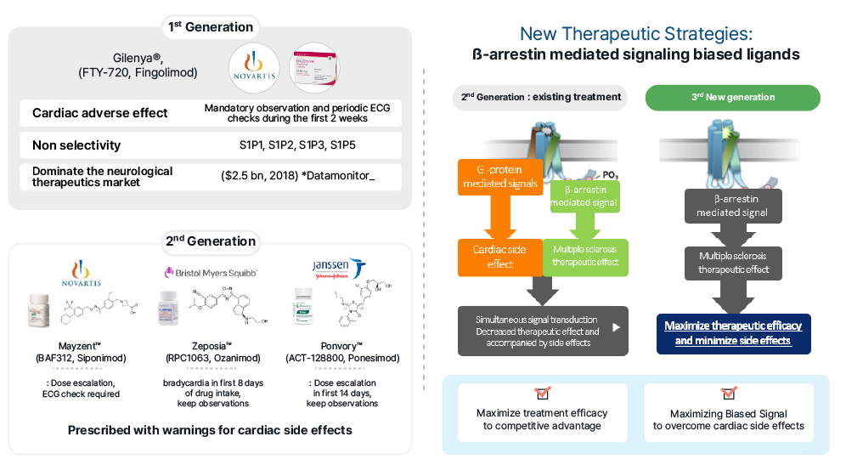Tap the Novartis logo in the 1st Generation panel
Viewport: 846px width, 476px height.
coord(254,71)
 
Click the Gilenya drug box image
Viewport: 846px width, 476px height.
coord(316,70)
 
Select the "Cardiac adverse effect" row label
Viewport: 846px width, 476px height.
coord(99,113)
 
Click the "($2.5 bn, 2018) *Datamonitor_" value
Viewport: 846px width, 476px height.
coord(297,176)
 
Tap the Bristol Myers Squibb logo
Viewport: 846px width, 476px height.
coord(211,273)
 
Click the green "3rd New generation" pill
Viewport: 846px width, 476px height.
coord(732,97)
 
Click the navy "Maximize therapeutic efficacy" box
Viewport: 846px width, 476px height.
coord(732,333)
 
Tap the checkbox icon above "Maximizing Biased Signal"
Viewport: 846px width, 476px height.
coord(728,394)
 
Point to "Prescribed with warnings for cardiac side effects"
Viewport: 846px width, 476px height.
coord(210,430)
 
